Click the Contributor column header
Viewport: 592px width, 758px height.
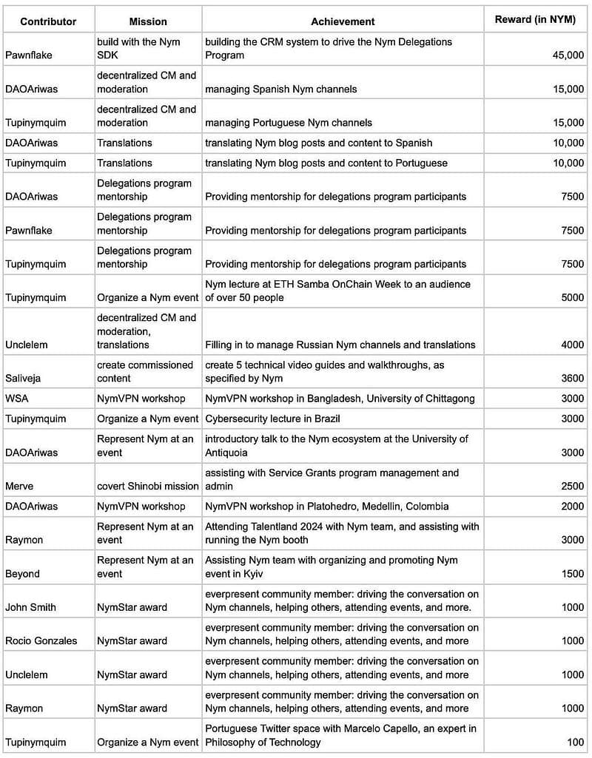(x=48, y=21)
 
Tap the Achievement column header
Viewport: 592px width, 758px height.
(x=343, y=21)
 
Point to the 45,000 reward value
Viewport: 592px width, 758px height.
(x=568, y=55)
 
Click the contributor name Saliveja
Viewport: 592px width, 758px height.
(x=23, y=379)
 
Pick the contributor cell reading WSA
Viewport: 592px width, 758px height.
(x=17, y=399)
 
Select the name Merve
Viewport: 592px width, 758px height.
(x=20, y=486)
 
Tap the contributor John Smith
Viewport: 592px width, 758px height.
(x=30, y=607)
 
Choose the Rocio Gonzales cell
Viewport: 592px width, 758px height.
(x=41, y=640)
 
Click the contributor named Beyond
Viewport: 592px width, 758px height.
(x=23, y=574)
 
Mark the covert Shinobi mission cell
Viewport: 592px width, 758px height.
(x=148, y=486)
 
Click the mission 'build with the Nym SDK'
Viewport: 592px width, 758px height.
(x=139, y=49)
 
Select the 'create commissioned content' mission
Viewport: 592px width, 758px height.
(x=145, y=372)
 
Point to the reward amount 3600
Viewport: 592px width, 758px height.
(x=572, y=379)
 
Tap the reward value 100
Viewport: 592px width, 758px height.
(x=576, y=742)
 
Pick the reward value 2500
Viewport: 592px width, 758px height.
(x=572, y=486)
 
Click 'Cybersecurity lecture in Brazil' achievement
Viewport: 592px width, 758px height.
(x=273, y=419)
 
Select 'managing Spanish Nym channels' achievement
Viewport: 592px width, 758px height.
(x=281, y=89)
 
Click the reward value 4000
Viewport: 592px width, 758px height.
(x=572, y=345)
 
